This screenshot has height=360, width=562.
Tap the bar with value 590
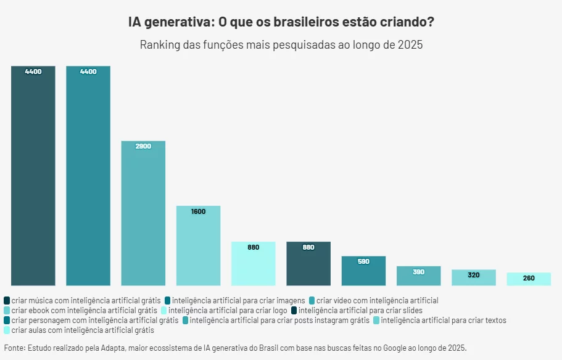pyautogui.click(x=363, y=271)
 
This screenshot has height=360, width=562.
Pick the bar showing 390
pyautogui.click(x=418, y=276)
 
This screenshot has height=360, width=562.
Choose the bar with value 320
pyautogui.click(x=473, y=277)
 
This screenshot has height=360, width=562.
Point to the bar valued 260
pyautogui.click(x=529, y=279)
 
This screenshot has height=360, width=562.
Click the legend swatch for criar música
pyautogui.click(x=7, y=301)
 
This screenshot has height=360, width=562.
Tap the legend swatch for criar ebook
pyautogui.click(x=7, y=311)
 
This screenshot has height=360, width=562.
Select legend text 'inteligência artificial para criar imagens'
pyautogui.click(x=239, y=301)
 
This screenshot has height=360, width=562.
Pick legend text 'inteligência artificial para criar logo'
pyautogui.click(x=228, y=311)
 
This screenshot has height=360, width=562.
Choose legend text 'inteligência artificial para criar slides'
pyautogui.click(x=360, y=311)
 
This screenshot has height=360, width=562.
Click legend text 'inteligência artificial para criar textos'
pyautogui.click(x=444, y=321)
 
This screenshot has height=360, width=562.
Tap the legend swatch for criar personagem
pyautogui.click(x=7, y=321)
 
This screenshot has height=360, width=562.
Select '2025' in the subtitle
pyautogui.click(x=410, y=45)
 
